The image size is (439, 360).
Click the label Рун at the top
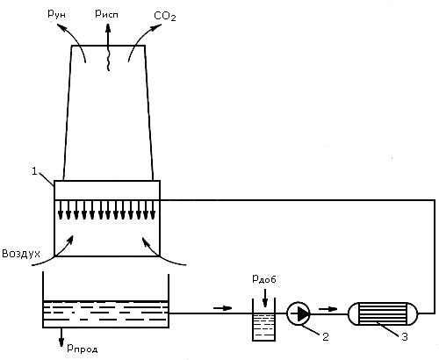point(56,14)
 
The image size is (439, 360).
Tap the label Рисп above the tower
point(106,14)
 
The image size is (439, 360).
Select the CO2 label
point(165,16)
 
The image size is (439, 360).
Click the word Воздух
point(21,254)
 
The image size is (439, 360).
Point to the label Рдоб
point(264,279)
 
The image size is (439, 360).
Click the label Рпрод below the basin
point(83,348)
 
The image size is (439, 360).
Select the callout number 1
point(35,171)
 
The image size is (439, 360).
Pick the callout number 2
point(326,336)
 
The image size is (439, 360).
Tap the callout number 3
point(405,337)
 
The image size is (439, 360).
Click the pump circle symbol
point(299,313)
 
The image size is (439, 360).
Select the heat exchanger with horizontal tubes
point(383,313)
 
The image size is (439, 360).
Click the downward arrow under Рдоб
point(265,298)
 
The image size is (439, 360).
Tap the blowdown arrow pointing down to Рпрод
point(61,337)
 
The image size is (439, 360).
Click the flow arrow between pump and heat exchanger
point(327,308)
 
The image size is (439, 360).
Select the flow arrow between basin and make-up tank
point(223,308)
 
